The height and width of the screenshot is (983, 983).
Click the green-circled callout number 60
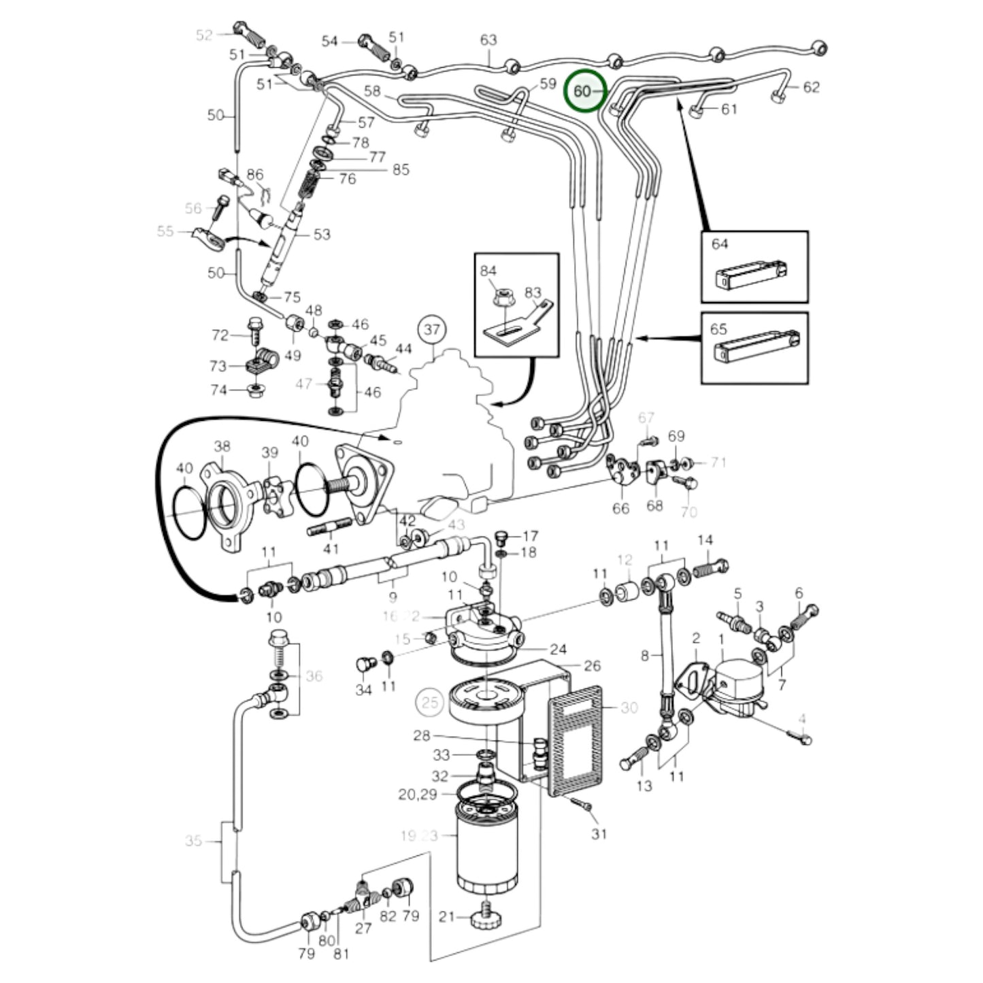tap(584, 90)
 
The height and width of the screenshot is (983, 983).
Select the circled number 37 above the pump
tap(432, 331)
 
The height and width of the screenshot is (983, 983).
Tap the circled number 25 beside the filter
tap(430, 702)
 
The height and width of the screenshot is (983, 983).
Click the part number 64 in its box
tap(720, 244)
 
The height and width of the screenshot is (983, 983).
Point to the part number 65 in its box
tap(719, 329)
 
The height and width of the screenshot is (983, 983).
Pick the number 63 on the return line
tap(488, 41)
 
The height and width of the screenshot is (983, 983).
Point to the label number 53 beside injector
tap(322, 235)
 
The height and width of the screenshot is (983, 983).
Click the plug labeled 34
tap(364, 664)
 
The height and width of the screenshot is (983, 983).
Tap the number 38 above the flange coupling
tap(222, 446)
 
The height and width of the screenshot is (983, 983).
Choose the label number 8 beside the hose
tap(645, 656)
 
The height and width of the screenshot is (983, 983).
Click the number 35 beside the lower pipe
tap(194, 841)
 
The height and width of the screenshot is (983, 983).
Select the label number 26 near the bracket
tap(592, 665)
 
